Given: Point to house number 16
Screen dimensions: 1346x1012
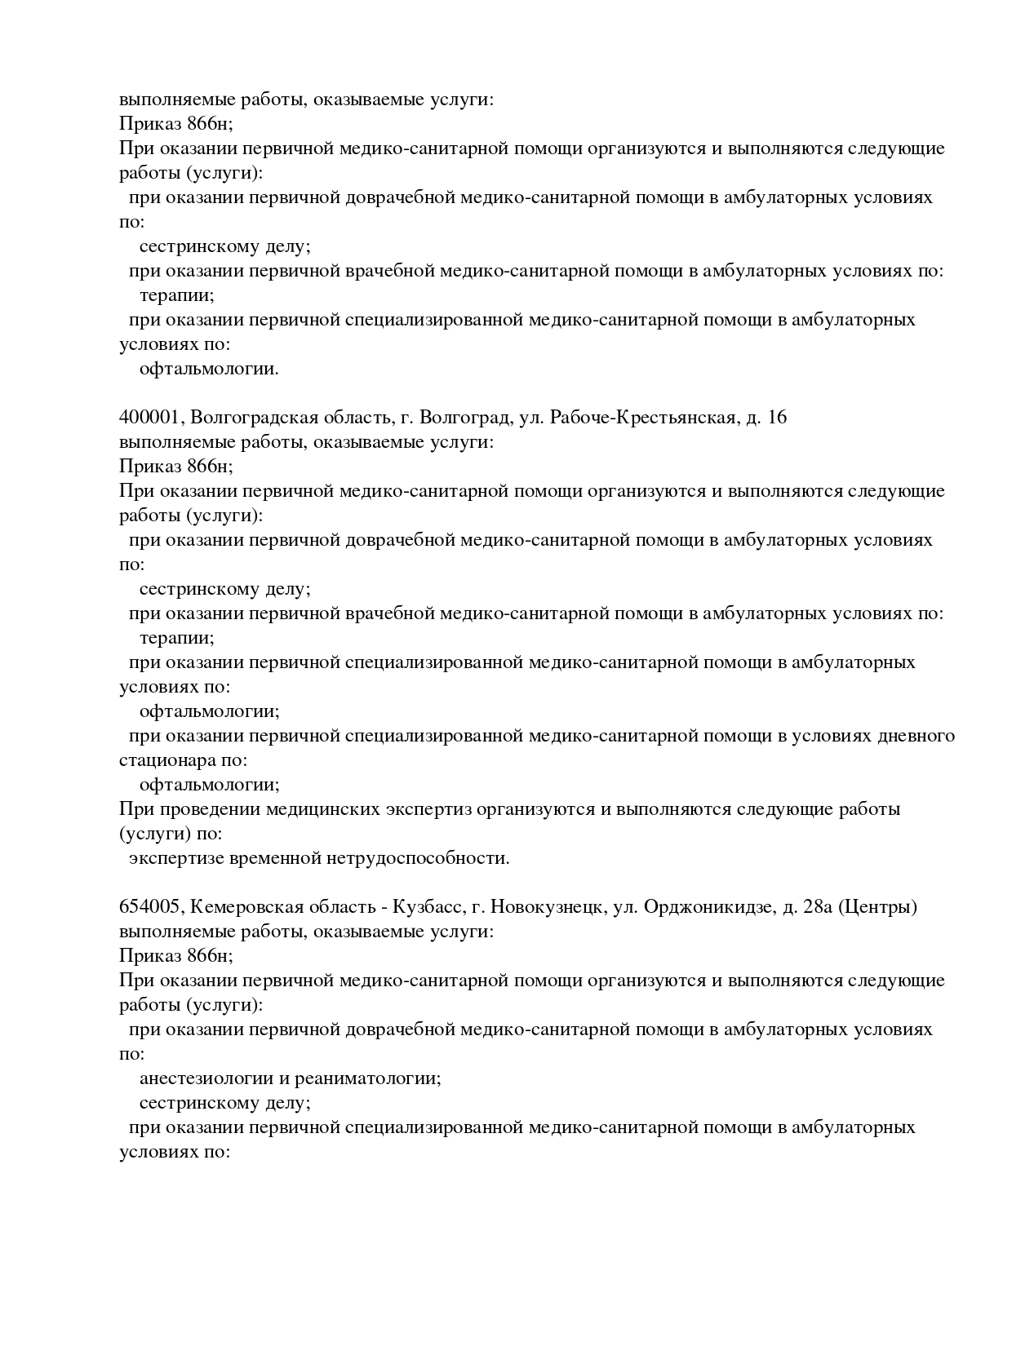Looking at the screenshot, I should pyautogui.click(x=777, y=418).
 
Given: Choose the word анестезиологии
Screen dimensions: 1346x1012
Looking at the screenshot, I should pyautogui.click(x=206, y=1078).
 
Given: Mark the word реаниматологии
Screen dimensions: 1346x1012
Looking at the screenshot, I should pyautogui.click(x=368, y=1078).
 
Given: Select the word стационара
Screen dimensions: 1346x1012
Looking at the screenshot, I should pyautogui.click(x=164, y=760).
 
